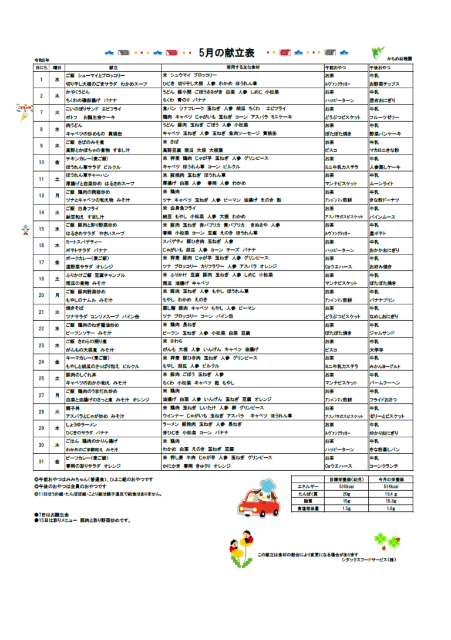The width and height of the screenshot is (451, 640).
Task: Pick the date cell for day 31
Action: pos(41,462)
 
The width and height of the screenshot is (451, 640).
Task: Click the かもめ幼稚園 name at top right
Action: pos(399,59)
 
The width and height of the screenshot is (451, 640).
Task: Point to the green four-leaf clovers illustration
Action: pos(386,541)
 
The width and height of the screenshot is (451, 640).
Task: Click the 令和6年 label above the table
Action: pos(42,61)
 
